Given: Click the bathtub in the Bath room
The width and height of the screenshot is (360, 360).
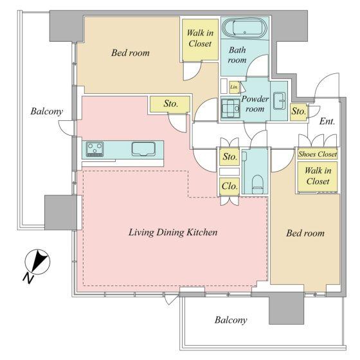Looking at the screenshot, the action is click(x=245, y=28).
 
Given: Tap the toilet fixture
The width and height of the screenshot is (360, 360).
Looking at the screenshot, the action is click(x=257, y=184).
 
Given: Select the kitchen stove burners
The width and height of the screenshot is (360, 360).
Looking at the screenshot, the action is click(x=95, y=149).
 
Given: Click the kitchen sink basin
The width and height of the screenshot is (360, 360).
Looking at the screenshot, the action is click(x=143, y=148).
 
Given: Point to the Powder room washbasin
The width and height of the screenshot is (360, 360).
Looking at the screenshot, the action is click(x=280, y=101).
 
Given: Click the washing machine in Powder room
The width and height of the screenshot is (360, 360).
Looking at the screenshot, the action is click(x=231, y=108).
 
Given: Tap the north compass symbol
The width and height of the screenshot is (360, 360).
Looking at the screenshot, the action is click(x=37, y=262).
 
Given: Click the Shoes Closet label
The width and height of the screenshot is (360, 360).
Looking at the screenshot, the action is click(x=318, y=154).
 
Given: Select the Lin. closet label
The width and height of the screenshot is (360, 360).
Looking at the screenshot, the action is click(x=234, y=87).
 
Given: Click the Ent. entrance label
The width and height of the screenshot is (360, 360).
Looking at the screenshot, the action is click(x=327, y=121).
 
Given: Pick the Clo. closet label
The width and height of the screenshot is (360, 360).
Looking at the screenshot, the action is click(x=230, y=186).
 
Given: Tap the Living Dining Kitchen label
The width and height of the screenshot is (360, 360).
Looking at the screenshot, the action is click(x=173, y=232).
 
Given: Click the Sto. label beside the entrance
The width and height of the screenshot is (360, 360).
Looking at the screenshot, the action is click(x=298, y=111).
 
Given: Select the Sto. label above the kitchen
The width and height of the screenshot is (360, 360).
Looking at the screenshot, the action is click(x=171, y=104).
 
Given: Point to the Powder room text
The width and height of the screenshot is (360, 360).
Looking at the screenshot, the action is click(x=255, y=104).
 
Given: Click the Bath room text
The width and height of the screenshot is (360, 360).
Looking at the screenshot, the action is click(x=237, y=55).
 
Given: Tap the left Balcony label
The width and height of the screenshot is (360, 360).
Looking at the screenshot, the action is click(x=46, y=111).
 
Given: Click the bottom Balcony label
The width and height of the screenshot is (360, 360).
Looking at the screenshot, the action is click(x=231, y=320).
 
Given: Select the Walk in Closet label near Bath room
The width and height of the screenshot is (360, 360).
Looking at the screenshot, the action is click(x=200, y=38).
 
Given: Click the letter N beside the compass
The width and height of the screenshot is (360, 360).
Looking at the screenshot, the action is click(x=28, y=278).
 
